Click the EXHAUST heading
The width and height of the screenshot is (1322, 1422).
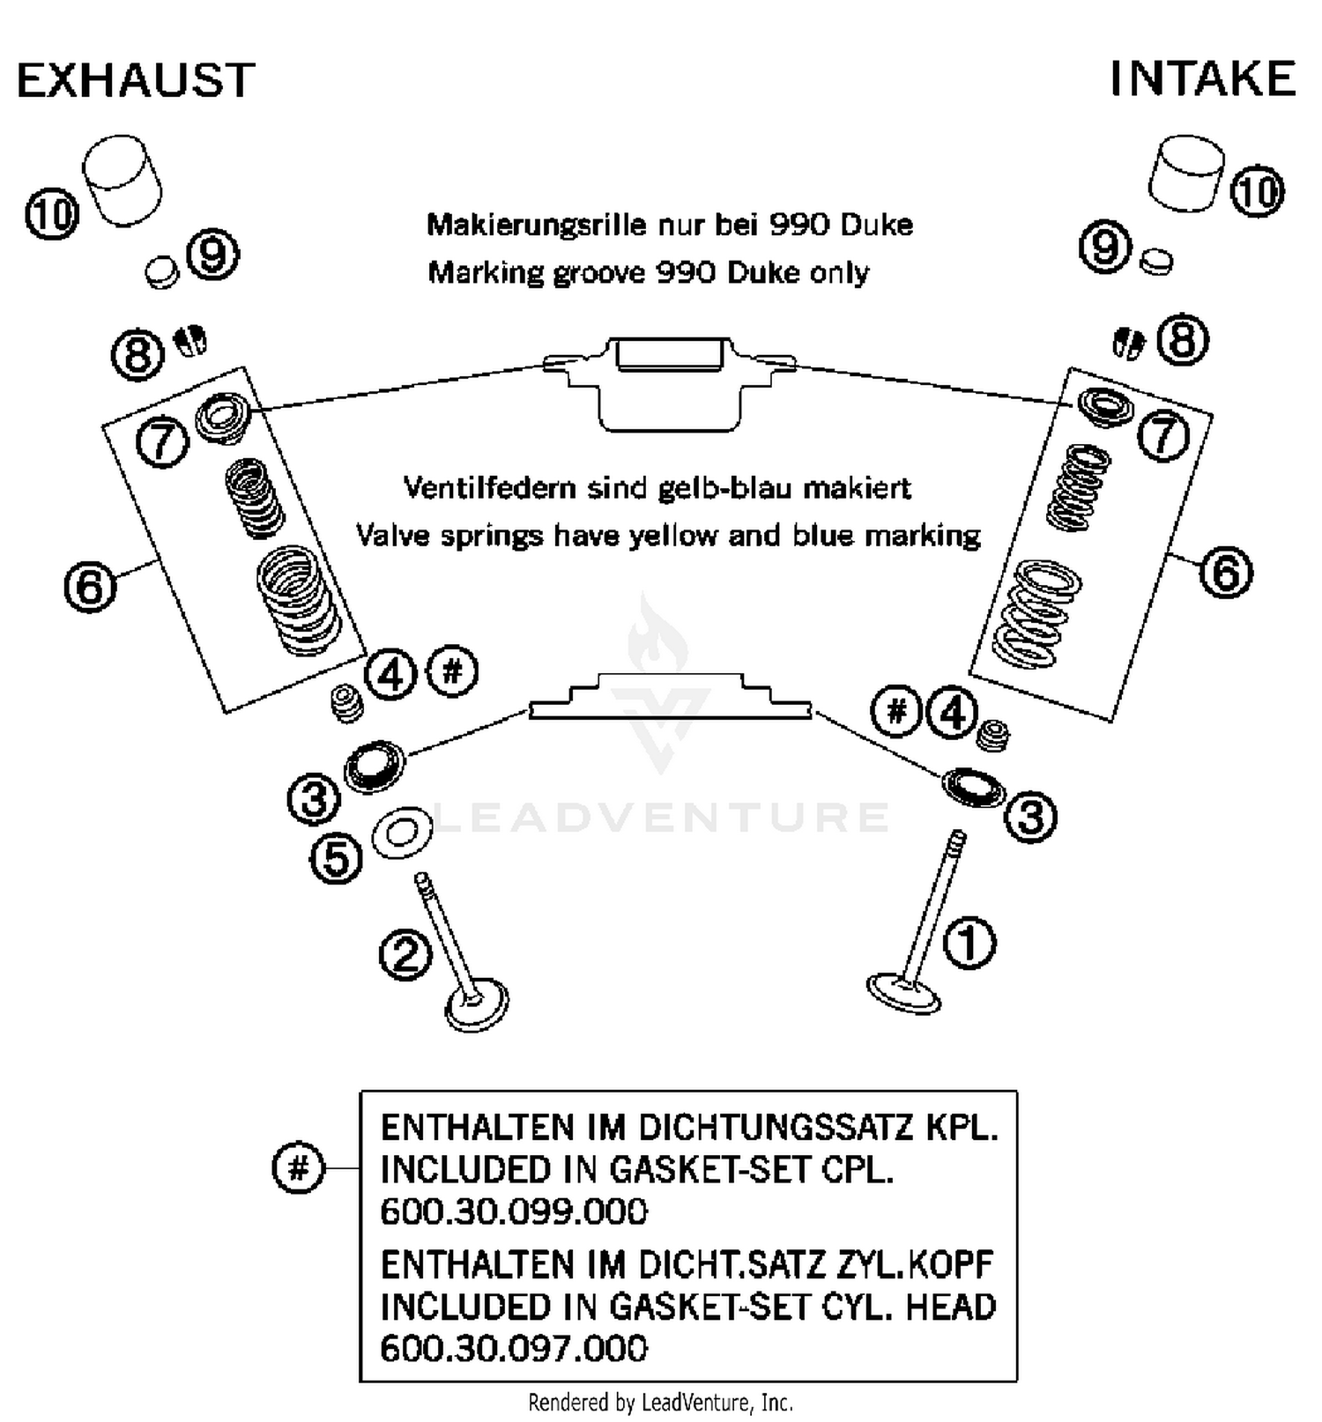point(136,80)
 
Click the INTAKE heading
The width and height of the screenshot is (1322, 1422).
point(1202,78)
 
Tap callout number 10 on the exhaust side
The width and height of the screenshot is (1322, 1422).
point(52,214)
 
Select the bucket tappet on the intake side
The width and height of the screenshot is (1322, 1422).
point(1186,173)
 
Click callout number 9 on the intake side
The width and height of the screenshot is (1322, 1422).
point(1104,247)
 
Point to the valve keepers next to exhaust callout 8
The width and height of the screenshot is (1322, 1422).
point(190,339)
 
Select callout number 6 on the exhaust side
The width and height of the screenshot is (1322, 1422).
point(91,586)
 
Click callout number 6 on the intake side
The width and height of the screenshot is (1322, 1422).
point(1226,573)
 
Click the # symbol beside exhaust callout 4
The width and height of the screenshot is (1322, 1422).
point(452,673)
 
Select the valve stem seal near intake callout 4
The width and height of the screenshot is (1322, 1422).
point(995,734)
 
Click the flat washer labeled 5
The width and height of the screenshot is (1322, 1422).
point(402,832)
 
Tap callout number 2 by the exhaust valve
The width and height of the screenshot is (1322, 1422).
point(405,954)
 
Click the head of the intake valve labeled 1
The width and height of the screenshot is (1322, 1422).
point(903,993)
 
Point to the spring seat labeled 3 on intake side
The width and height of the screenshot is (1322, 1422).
point(973,786)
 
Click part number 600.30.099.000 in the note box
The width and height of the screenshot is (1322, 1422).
point(513,1211)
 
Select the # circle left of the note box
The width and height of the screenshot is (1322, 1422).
point(299,1168)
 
